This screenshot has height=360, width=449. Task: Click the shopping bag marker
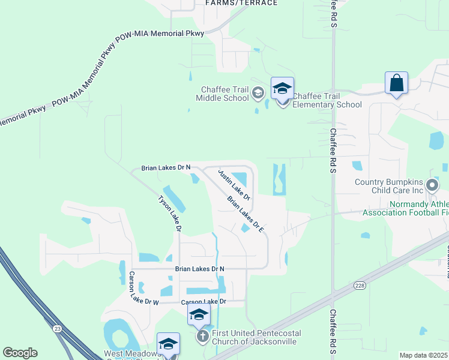pos(397,83)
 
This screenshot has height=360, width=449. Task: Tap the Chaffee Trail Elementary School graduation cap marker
pos(282,89)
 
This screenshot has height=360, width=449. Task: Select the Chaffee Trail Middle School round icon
pos(258,92)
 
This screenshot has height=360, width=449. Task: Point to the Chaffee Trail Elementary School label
pos(327,100)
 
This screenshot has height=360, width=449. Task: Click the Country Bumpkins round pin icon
pos(432,184)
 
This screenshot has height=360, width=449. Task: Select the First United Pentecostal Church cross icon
pos(202,337)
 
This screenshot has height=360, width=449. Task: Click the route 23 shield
pos(57,328)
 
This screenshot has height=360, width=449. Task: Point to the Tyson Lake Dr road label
pos(169,213)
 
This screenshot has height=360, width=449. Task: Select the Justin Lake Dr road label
pos(234,184)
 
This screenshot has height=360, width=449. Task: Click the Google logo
pos(20,353)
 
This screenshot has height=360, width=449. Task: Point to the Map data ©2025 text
pos(424,355)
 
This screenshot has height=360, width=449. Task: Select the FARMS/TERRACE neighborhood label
pos(241,3)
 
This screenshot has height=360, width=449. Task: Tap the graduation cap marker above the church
pos(199,314)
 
